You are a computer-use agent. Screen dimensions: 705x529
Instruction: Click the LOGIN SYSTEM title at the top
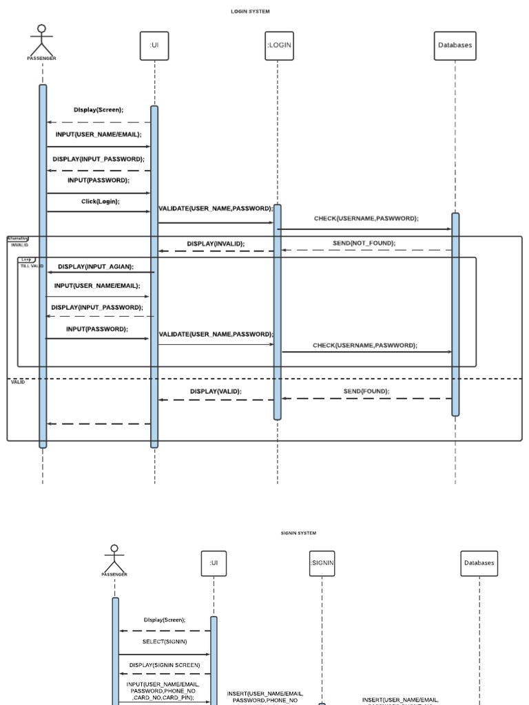pyautogui.click(x=250, y=12)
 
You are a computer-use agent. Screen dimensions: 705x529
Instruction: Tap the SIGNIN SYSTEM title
pyautogui.click(x=298, y=533)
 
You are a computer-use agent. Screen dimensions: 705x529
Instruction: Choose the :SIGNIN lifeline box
pyautogui.click(x=322, y=562)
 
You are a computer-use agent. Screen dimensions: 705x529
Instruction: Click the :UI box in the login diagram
pyautogui.click(x=154, y=45)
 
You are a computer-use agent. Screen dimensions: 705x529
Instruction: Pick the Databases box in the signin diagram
pyautogui.click(x=479, y=562)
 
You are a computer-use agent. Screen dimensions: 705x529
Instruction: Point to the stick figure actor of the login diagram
pyautogui.click(x=41, y=39)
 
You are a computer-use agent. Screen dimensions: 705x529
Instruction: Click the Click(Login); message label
pyautogui.click(x=100, y=201)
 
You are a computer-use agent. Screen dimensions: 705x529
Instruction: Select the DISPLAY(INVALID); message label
pyautogui.click(x=216, y=243)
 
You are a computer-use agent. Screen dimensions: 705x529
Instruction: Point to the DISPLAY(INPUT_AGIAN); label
pyautogui.click(x=96, y=266)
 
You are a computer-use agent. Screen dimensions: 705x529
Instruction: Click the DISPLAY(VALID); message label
pyautogui.click(x=216, y=391)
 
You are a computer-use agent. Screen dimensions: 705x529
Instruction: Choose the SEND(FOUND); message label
pyautogui.click(x=366, y=391)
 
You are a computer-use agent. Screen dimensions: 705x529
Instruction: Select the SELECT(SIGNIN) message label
pyautogui.click(x=165, y=642)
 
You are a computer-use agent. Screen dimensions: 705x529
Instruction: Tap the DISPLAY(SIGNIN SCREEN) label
pyautogui.click(x=165, y=665)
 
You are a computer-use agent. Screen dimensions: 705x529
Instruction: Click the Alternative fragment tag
pyautogui.click(x=17, y=238)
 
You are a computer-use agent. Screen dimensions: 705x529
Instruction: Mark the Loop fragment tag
pyautogui.click(x=27, y=260)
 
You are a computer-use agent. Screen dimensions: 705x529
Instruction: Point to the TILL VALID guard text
pyautogui.click(x=32, y=266)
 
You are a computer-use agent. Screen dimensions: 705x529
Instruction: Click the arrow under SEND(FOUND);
pyautogui.click(x=366, y=399)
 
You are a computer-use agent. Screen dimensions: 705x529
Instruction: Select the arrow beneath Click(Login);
pyautogui.click(x=98, y=211)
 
